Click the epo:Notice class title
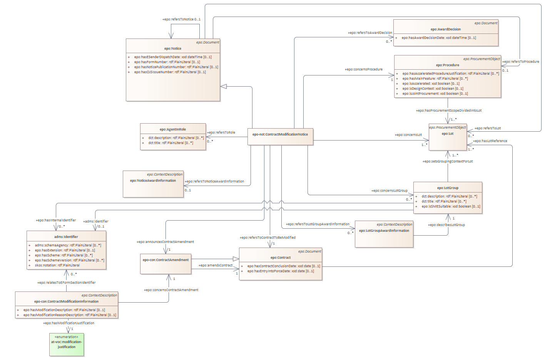tap(173, 49)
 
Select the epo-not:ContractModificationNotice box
tap(280, 135)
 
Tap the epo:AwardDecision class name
tap(446, 29)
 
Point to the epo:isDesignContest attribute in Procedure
tap(433, 89)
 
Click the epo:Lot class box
tap(448, 137)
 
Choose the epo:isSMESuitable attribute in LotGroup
tap(451, 206)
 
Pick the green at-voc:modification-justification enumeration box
tap(67, 344)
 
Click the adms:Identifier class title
tap(66, 237)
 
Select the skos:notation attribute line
tap(57, 265)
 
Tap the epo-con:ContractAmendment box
tap(166, 260)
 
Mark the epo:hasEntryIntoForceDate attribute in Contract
tap(281, 271)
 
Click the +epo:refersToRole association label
tap(221, 132)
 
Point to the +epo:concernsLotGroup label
tap(389, 191)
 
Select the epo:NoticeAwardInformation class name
tap(153, 181)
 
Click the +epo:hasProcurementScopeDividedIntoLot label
tap(448, 111)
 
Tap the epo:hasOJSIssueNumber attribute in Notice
tap(170, 72)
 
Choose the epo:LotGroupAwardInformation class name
tap(384, 231)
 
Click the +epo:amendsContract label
tap(216, 265)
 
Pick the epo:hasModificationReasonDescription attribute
tap(70, 315)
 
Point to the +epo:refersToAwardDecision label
tap(370, 33)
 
